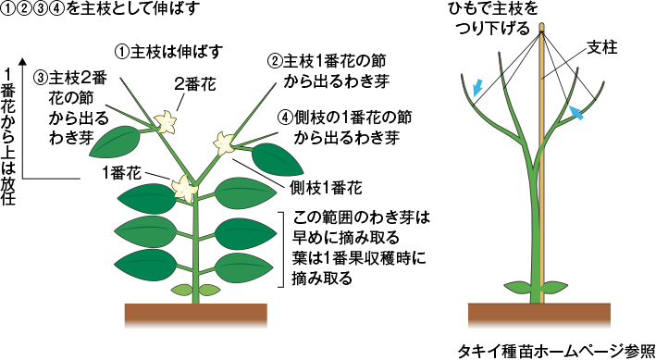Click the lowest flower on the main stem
tap(185, 187)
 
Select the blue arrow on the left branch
tap(476, 87)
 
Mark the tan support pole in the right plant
tap(538, 185)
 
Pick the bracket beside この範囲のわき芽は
tap(278, 248)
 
